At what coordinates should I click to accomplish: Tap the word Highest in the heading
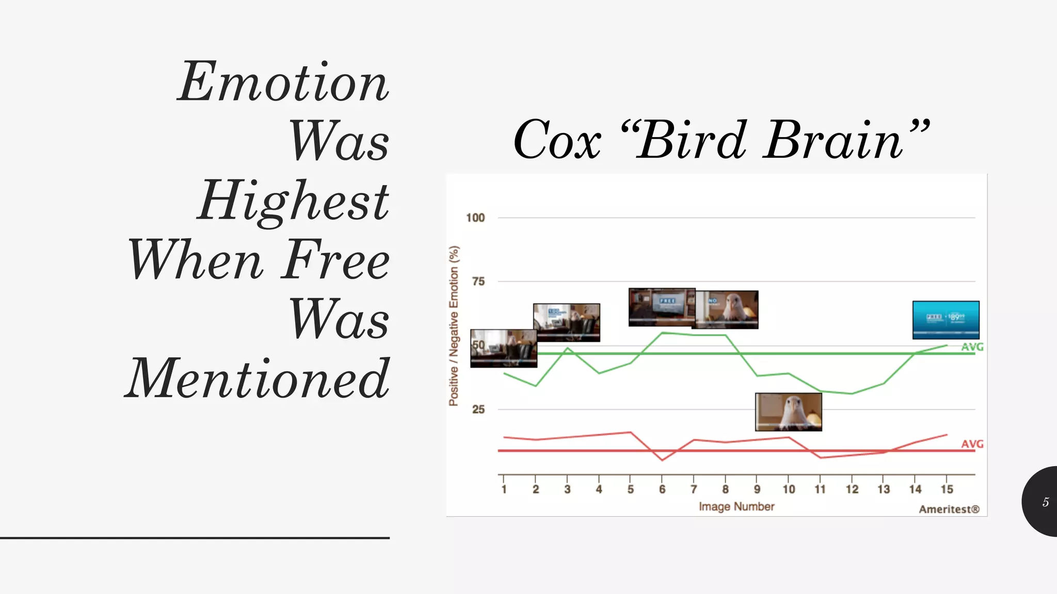[293, 201]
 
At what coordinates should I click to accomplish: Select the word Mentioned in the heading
[258, 378]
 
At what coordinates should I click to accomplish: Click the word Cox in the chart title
[557, 140]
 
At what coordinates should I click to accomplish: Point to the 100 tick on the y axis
[475, 218]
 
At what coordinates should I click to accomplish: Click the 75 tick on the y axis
[478, 282]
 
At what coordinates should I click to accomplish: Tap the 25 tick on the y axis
[478, 409]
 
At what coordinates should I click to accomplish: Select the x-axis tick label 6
[662, 489]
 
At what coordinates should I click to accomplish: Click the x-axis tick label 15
[947, 489]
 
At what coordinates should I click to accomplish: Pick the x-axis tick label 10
[789, 489]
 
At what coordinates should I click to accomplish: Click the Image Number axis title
[736, 507]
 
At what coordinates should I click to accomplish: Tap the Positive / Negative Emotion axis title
[454, 326]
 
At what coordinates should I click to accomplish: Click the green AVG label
[972, 347]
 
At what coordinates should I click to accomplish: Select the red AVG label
[972, 444]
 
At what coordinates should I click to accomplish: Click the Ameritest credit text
[949, 509]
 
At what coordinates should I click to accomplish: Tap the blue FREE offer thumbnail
[946, 320]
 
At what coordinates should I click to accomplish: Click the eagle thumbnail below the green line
[788, 412]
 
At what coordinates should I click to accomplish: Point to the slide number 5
[1045, 502]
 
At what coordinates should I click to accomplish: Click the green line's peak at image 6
[663, 333]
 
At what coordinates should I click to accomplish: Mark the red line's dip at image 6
[663, 460]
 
